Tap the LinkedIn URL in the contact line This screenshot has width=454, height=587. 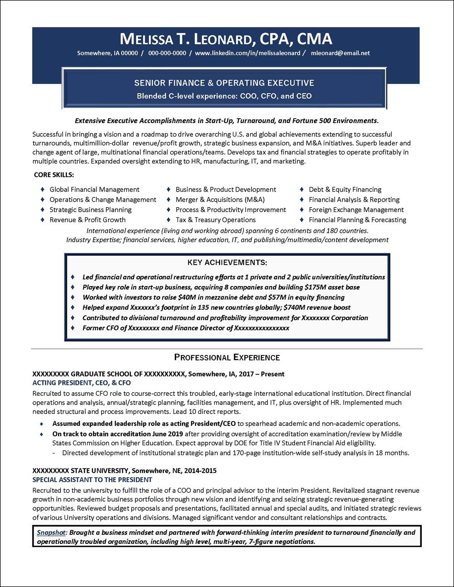[x=247, y=53]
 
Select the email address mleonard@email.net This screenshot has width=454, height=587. [x=340, y=53]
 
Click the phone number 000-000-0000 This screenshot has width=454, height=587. [x=167, y=53]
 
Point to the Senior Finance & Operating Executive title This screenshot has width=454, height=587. [x=224, y=83]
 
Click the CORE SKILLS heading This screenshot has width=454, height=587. [x=54, y=175]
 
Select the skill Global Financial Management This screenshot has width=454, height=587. [x=94, y=190]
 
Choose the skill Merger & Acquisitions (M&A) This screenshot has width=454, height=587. [x=220, y=200]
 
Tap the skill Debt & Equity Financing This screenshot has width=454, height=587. [x=345, y=190]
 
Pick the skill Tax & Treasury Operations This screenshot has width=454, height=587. [x=216, y=220]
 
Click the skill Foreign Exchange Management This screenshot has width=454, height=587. [x=356, y=210]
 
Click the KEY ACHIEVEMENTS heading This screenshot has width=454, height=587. [x=227, y=262]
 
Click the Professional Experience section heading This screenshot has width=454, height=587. [x=227, y=357]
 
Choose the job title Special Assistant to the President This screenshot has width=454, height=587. [x=92, y=480]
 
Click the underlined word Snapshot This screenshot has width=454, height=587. [x=51, y=533]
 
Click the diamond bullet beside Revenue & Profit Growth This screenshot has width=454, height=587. [x=42, y=220]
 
